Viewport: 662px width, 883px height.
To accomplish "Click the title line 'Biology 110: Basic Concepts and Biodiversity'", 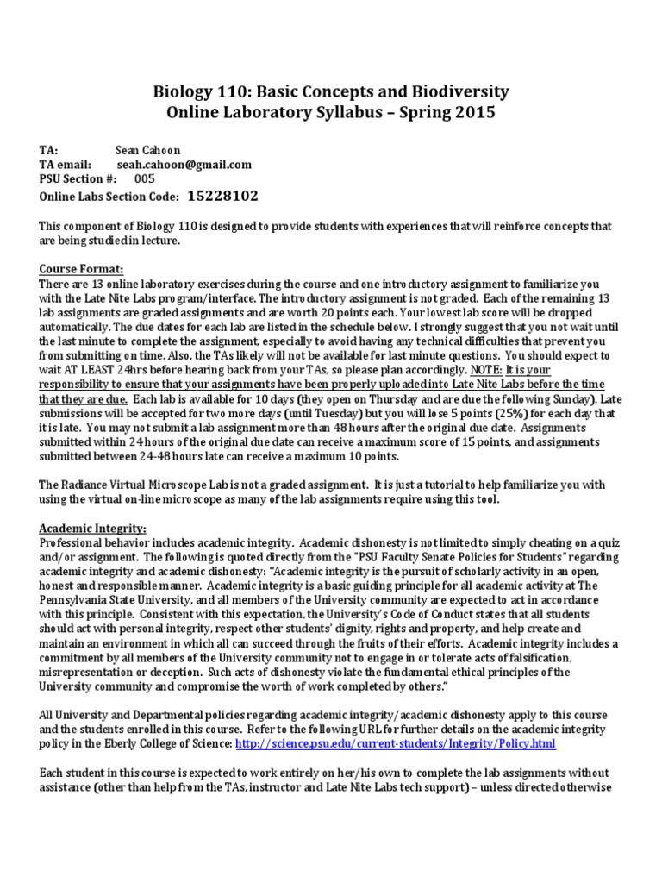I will coord(331,91).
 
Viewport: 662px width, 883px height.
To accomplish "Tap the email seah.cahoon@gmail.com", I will coord(184,164).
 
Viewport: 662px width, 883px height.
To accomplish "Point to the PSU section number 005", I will coord(145,178).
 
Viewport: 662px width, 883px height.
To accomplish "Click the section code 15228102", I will coord(223,197).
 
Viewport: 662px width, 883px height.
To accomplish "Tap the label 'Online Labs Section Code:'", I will coord(109,197).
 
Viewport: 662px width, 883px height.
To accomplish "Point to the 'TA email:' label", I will coord(66,164).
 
